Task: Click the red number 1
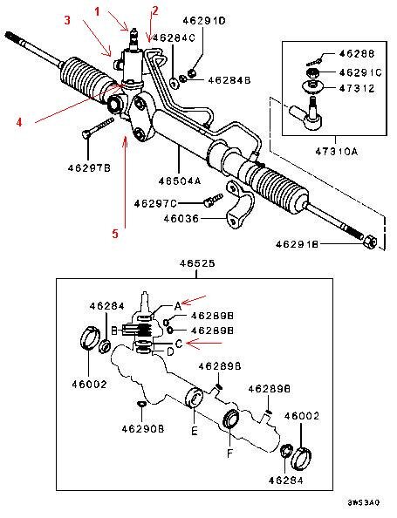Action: tap(97, 12)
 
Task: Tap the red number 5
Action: tap(115, 234)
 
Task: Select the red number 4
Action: tap(19, 122)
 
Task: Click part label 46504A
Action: tap(180, 181)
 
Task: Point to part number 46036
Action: tap(181, 219)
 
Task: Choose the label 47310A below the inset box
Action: tap(337, 152)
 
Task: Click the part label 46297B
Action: tap(89, 168)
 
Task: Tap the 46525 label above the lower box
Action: tap(197, 263)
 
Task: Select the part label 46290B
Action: tap(143, 429)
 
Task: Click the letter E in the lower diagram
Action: tap(195, 431)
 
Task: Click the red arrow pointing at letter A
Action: tap(195, 299)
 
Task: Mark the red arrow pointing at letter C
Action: tap(204, 344)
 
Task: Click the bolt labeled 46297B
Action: tap(98, 127)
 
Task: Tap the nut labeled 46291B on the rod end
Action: tap(370, 242)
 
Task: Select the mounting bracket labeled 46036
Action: tap(240, 206)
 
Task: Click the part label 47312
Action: tap(357, 88)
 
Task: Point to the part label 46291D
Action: tap(204, 21)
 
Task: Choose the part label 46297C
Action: tap(155, 203)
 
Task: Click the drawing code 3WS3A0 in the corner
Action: tap(364, 503)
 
